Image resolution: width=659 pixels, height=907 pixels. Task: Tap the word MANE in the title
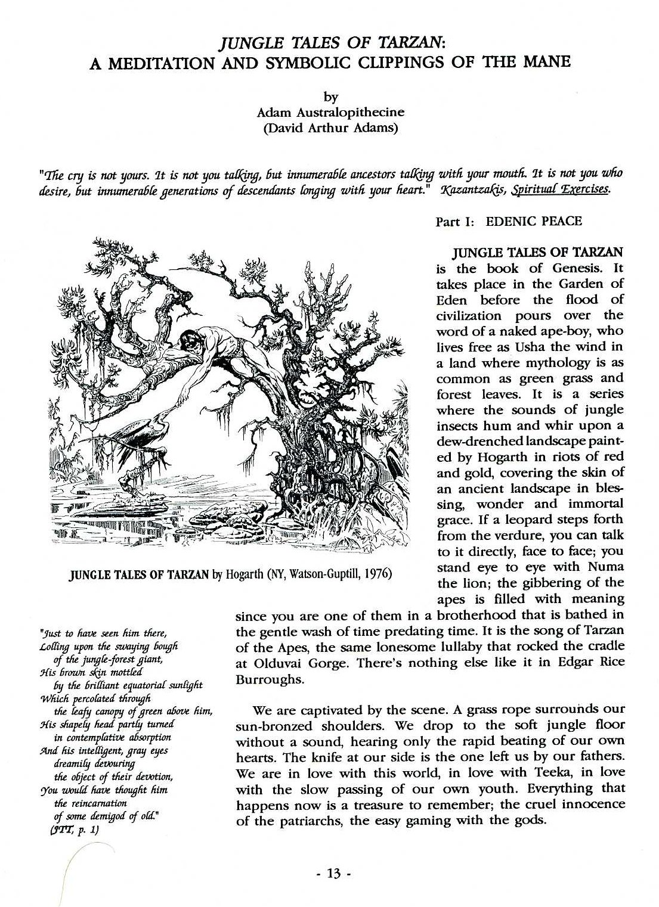tap(547, 62)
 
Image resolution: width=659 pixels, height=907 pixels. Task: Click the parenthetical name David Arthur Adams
tap(330, 128)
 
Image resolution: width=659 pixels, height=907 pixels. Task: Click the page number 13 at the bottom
tap(329, 873)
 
